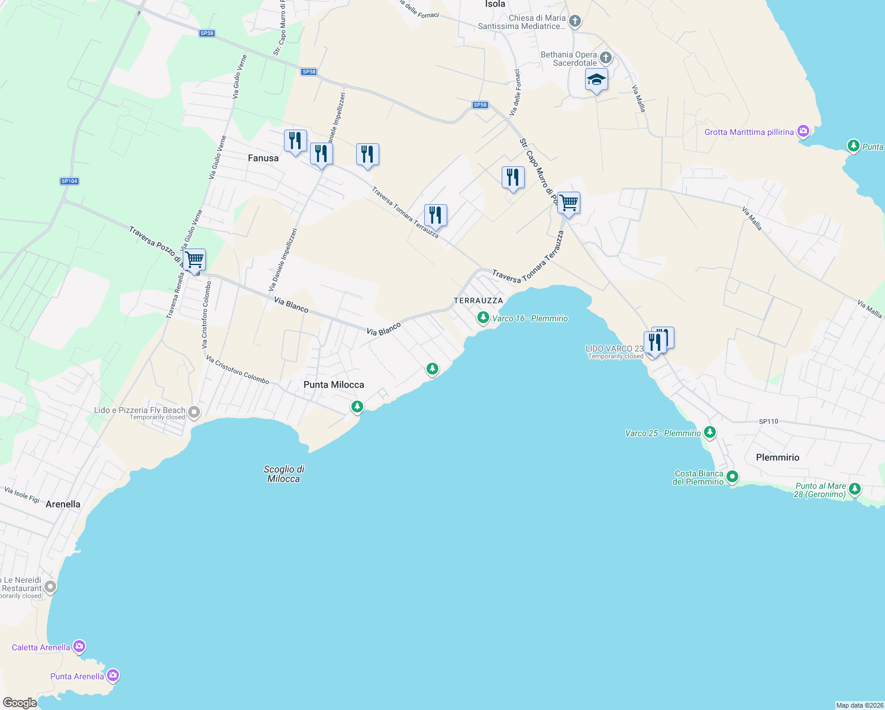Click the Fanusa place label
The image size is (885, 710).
[263, 158]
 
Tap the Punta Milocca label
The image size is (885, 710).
[334, 385]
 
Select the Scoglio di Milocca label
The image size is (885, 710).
[284, 474]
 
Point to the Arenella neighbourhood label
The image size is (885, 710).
[63, 504]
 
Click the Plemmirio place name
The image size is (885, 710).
[777, 457]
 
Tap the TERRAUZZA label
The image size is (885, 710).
[478, 301]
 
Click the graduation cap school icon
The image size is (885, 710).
[596, 80]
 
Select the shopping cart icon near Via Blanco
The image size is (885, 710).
[194, 260]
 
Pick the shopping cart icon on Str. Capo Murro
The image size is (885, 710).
[569, 203]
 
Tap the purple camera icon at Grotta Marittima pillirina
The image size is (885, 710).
[803, 131]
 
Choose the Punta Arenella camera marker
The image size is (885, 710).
[112, 676]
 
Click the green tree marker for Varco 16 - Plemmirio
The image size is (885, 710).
[483, 318]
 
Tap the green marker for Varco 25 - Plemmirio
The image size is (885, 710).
[710, 433]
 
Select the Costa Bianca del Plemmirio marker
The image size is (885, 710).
[732, 477]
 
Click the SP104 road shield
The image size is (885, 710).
[69, 181]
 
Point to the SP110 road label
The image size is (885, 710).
[768, 421]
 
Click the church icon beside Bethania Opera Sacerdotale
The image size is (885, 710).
[606, 58]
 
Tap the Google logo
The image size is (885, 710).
[20, 703]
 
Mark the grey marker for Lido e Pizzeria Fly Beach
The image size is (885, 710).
[194, 412]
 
